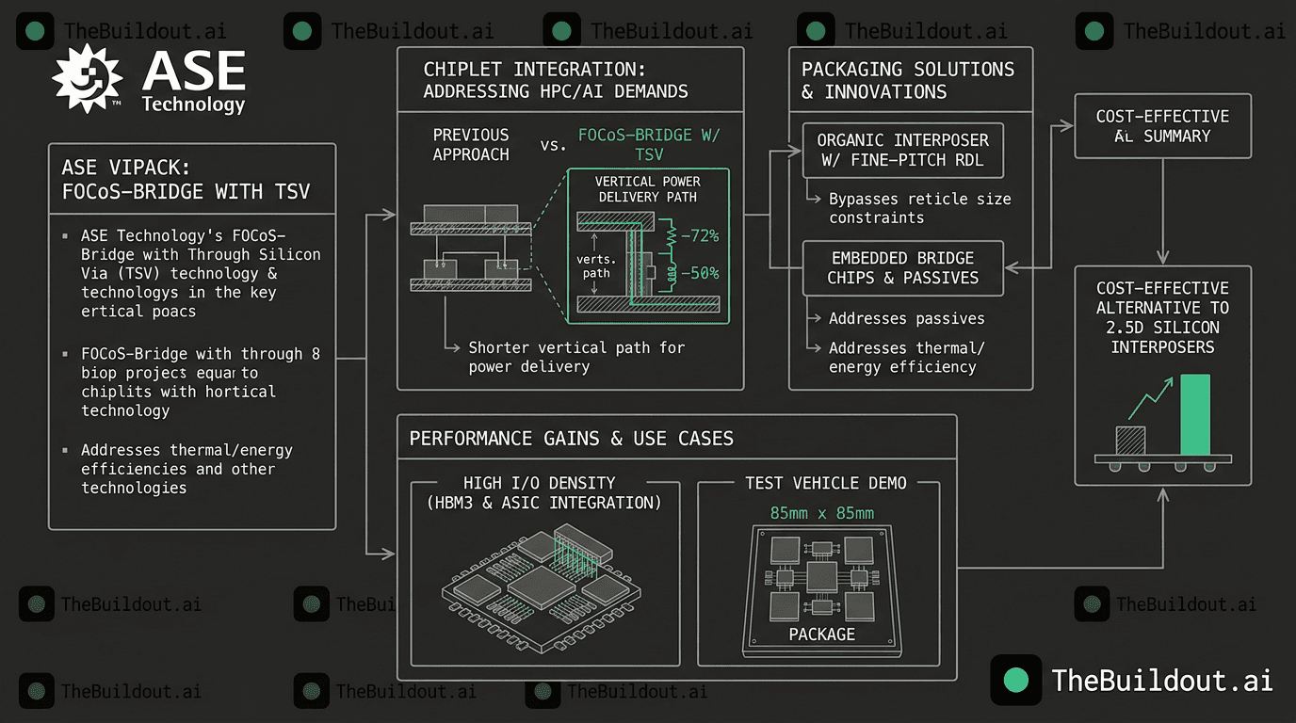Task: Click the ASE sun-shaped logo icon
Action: coord(88,78)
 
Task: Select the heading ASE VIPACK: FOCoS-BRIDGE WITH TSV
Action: coord(186,180)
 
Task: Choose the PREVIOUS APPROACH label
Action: coord(471,144)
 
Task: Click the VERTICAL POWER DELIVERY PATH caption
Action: coord(648,189)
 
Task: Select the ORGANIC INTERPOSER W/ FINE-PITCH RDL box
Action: coord(902,150)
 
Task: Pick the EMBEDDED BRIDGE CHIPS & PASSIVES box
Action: coord(902,267)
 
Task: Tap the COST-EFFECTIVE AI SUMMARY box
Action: coord(1162,126)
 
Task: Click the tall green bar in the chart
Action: coord(1194,413)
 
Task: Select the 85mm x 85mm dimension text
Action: coord(821,513)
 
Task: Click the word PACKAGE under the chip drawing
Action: coord(821,635)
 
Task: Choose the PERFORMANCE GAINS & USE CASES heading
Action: coord(571,439)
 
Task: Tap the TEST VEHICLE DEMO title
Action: coord(825,483)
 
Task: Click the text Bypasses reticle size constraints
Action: coord(919,208)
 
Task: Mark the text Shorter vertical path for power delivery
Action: coord(576,357)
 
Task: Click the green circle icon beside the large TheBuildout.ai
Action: coord(1016,680)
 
